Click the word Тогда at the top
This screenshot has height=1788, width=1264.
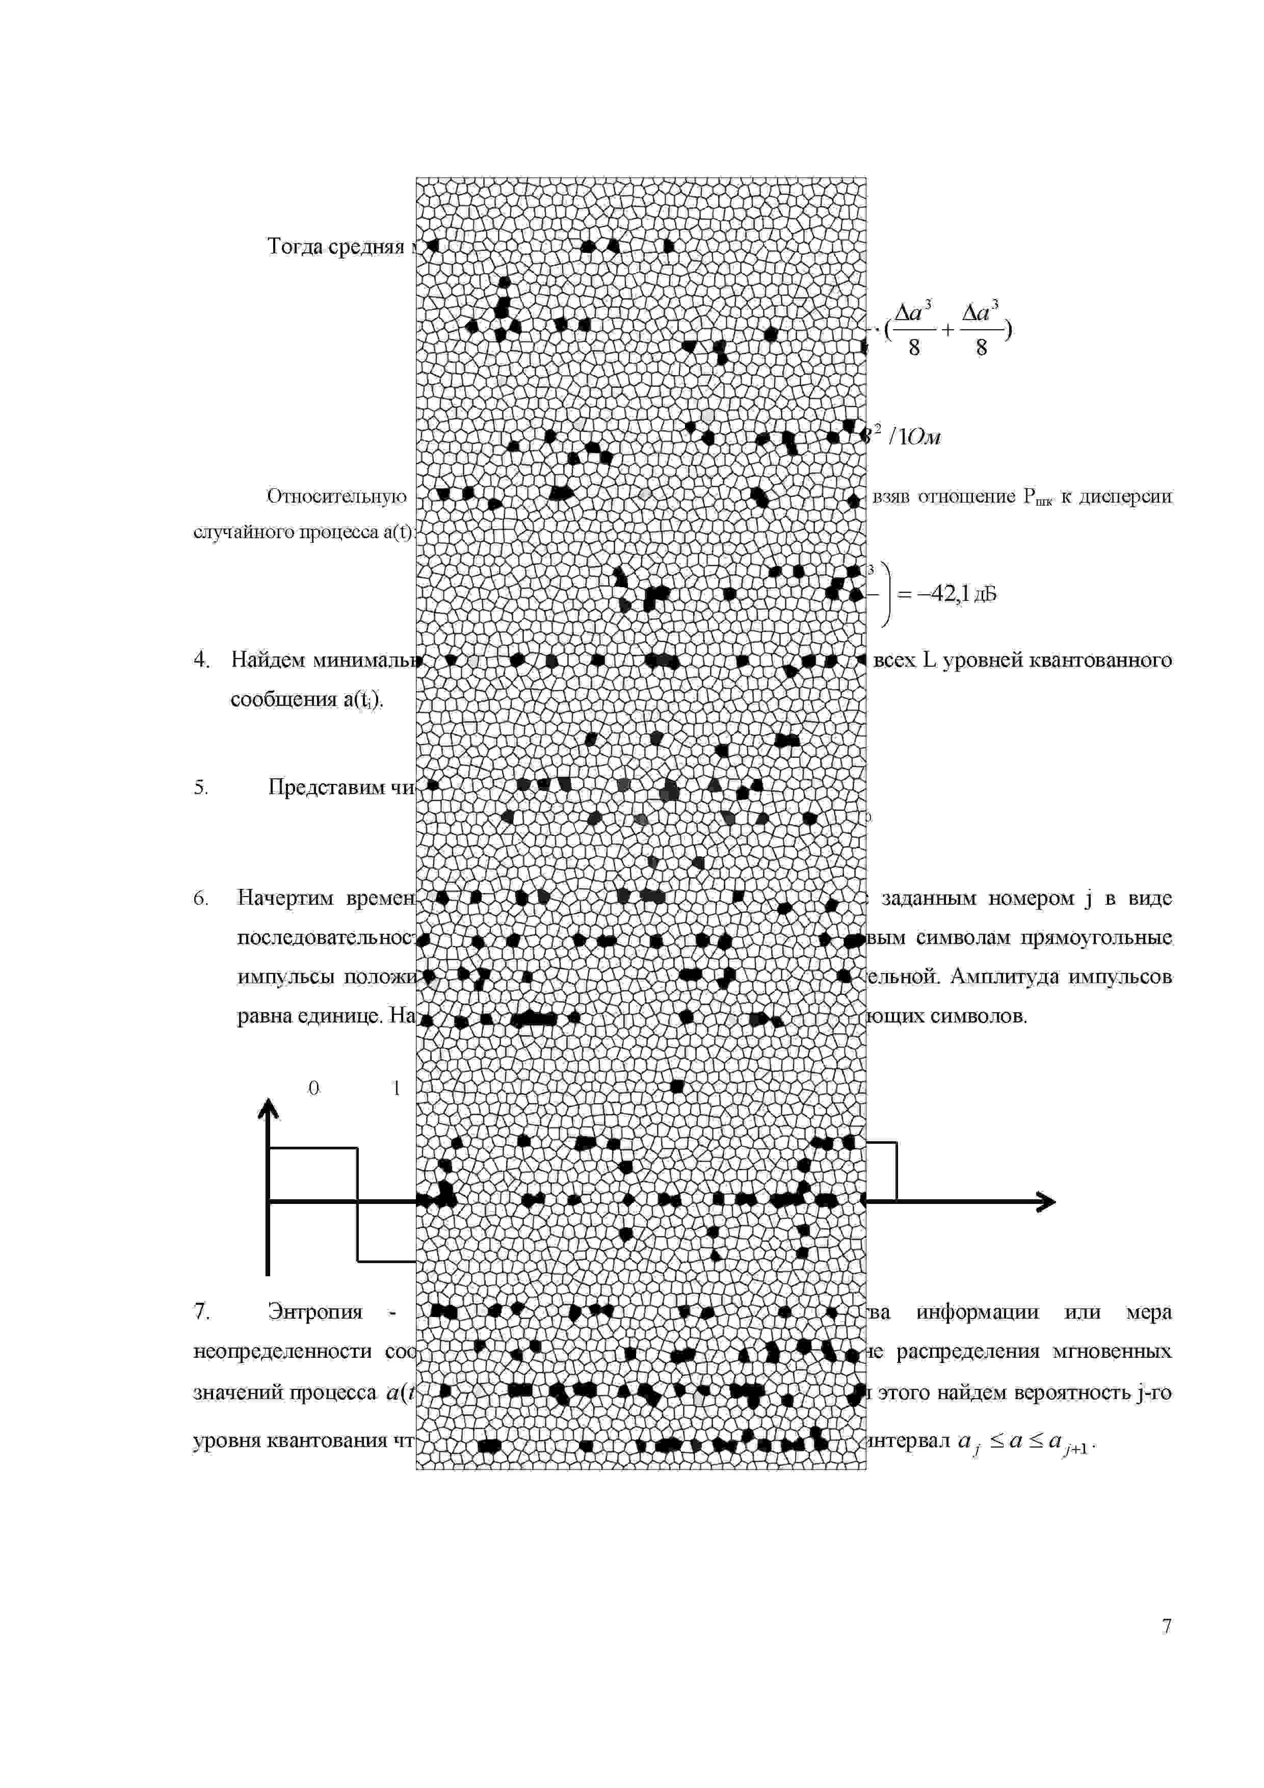pos(295,246)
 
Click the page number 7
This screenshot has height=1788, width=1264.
pos(1166,1625)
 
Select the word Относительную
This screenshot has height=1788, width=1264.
pos(336,496)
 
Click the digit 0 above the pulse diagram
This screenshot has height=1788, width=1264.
pos(314,1088)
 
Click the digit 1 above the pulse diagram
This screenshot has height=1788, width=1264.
pos(397,1088)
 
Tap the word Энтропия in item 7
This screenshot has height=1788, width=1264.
pos(315,1311)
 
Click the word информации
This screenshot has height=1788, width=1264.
pos(978,1311)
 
